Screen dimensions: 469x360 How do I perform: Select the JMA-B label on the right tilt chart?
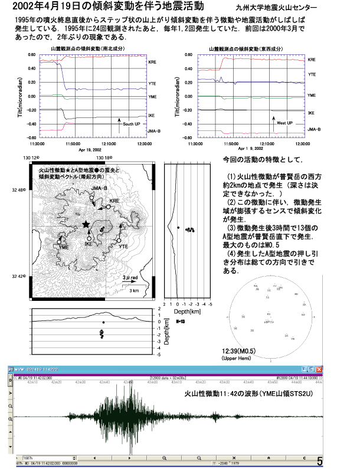pyautogui.click(x=316, y=129)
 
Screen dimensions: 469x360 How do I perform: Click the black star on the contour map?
pyautogui.click(x=87, y=224)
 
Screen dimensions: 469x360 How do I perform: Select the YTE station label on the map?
pyautogui.click(x=123, y=247)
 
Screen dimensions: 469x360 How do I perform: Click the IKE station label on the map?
pyautogui.click(x=89, y=244)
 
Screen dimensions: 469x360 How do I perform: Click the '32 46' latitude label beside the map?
pyautogui.click(x=19, y=190)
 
